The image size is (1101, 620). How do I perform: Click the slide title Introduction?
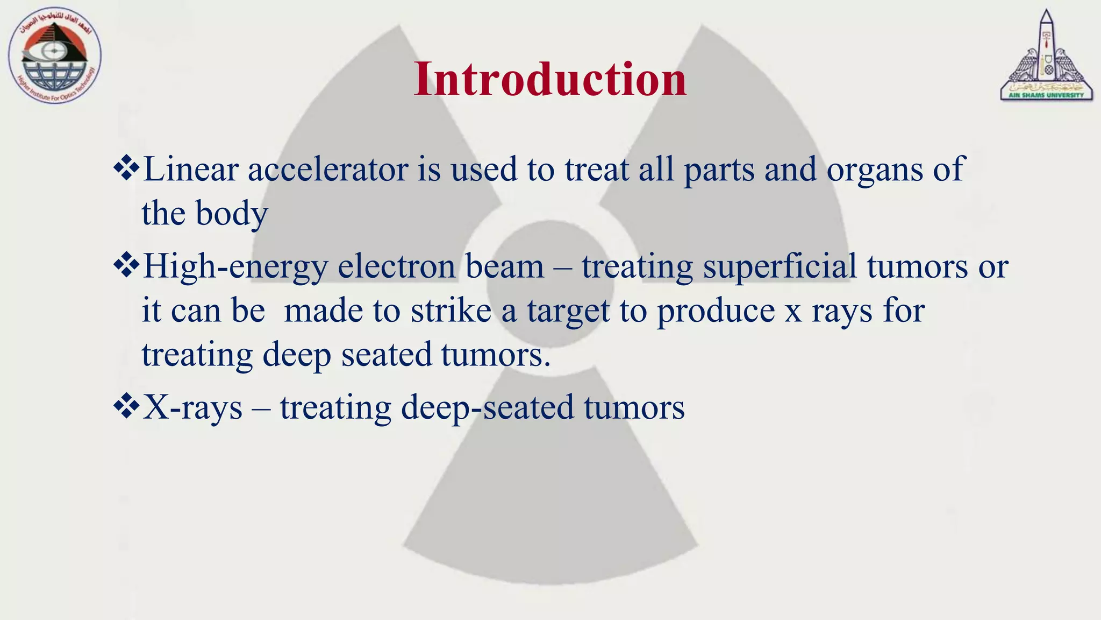550,79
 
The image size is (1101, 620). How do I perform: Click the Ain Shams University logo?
1046,57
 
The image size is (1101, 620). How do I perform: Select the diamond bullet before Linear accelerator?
126,168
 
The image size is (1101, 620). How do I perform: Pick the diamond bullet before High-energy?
126,265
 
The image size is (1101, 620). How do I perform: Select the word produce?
716,312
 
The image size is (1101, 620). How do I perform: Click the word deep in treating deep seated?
296,356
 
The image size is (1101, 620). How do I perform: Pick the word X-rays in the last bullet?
192,407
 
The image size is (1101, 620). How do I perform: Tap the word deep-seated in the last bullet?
487,408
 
